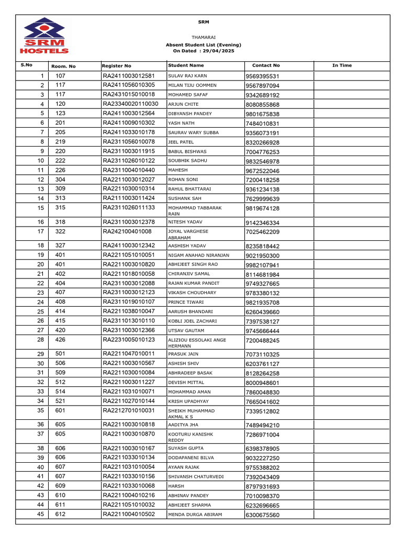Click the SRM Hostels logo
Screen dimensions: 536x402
(x=43, y=36)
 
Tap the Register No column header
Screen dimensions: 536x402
(x=117, y=66)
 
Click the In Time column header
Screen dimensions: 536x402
(x=342, y=65)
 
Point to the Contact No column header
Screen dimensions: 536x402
(x=266, y=65)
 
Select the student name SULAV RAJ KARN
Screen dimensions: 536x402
(x=187, y=76)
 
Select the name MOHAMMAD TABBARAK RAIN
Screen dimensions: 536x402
(x=194, y=211)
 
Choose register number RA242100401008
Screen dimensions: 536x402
(x=127, y=231)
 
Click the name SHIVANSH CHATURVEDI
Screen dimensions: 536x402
(x=196, y=477)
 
